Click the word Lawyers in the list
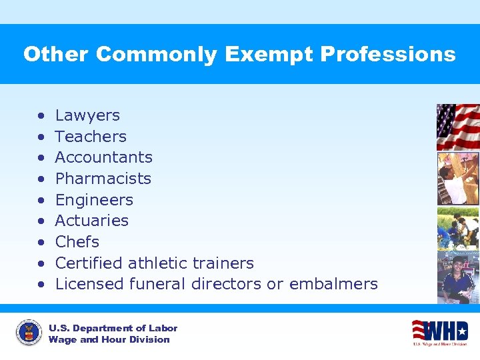click(87, 115)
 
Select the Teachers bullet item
click(90, 137)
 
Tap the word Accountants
click(103, 157)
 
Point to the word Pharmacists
click(103, 179)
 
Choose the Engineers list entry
click(94, 200)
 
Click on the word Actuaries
click(91, 221)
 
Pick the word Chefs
click(77, 242)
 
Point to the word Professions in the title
click(388, 55)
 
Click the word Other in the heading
click(56, 55)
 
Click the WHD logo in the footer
click(439, 331)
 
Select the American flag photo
click(457, 127)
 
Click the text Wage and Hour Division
click(109, 340)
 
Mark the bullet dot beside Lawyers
click(41, 116)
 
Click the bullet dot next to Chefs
click(41, 243)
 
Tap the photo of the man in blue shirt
click(457, 277)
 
